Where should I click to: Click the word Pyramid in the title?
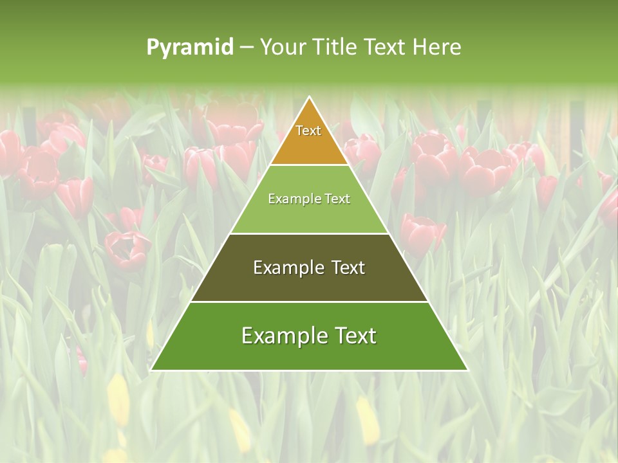point(190,48)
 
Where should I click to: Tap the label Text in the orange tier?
point(308,131)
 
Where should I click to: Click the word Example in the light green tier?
point(289,199)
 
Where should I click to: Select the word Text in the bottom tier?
point(354,336)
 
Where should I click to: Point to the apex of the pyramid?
point(310,98)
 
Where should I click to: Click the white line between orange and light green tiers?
point(309,165)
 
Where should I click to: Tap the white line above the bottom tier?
point(309,302)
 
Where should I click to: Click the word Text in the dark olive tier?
point(348,268)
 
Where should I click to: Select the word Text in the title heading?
point(385,47)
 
